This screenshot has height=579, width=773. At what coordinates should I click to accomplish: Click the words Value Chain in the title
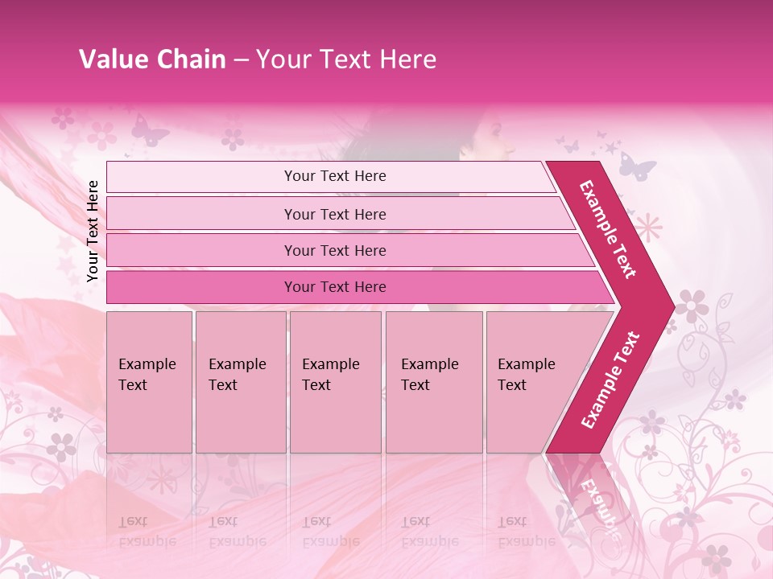pos(152,60)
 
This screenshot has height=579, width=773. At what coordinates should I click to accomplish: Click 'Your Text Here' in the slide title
pos(346,60)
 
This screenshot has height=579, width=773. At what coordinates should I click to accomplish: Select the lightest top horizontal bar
pos(335,176)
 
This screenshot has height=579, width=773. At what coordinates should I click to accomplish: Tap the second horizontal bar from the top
pos(335,214)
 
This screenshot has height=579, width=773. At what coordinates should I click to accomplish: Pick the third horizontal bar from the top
pos(335,250)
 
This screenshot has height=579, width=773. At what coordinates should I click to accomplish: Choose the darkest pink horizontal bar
pos(335,287)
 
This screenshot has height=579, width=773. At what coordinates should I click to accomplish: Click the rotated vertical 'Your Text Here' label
pos(93,231)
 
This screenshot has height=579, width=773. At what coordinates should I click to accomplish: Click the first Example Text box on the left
pos(149,382)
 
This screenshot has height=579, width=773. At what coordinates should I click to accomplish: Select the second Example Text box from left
pos(240,382)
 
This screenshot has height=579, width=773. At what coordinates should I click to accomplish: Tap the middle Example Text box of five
pos(335,382)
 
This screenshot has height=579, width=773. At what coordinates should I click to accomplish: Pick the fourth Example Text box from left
pos(434,382)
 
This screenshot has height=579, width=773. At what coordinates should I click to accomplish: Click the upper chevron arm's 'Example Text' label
pos(608,229)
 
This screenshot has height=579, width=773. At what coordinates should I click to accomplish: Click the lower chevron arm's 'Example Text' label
pos(610,380)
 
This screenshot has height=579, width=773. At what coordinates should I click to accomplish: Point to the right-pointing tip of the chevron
pos(670,306)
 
